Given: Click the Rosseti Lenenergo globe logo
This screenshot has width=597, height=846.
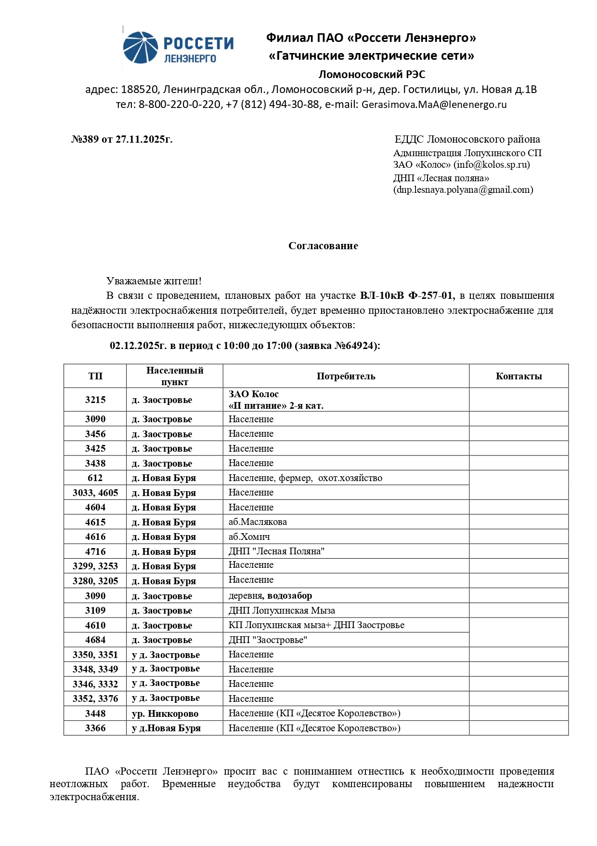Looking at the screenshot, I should (140, 48).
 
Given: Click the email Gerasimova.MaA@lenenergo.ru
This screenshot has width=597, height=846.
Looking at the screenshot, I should (434, 105).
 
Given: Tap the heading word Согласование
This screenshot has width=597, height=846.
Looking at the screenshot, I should (323, 246).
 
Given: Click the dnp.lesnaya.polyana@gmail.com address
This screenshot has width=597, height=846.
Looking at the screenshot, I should (463, 190).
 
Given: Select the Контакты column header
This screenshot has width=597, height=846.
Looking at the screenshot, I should (519, 376).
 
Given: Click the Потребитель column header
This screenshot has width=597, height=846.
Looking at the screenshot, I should (346, 376).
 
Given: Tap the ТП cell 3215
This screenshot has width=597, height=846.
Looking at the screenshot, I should (95, 400).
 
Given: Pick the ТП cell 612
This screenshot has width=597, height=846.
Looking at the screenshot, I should (95, 478).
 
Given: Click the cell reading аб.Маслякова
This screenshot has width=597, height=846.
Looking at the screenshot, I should (258, 522).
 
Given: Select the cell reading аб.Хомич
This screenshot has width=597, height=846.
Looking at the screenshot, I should (249, 537).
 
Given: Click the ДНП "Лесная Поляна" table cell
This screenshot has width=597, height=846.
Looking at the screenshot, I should (276, 551).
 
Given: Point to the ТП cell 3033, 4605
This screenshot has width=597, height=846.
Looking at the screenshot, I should (95, 493).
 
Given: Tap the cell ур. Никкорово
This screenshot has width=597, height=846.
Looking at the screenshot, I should (165, 714).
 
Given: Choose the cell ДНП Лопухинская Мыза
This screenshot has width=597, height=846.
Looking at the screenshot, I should (282, 611).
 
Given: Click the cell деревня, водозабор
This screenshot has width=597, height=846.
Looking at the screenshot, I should (270, 596).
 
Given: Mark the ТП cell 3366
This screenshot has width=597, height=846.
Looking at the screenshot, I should (95, 728).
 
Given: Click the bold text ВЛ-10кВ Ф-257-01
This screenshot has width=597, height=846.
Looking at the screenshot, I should (407, 296).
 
